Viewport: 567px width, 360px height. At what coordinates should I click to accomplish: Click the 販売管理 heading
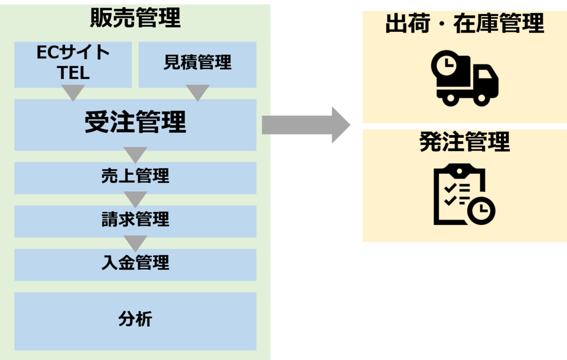point(135,19)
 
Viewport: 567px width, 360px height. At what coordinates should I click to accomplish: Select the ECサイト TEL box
point(73,63)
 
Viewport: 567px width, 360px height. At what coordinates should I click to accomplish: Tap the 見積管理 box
point(197,63)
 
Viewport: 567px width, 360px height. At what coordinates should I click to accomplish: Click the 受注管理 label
point(135,123)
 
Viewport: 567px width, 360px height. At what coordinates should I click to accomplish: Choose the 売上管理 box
point(135,176)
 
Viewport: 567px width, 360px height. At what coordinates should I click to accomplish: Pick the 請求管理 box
point(135,220)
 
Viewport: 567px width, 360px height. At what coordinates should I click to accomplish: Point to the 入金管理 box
point(135,263)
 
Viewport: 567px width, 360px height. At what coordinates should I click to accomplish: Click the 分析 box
point(135,320)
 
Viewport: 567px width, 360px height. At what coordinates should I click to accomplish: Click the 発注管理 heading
point(464,142)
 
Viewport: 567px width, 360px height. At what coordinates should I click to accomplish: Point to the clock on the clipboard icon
point(481,210)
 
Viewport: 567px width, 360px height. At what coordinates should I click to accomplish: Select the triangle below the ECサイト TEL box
point(73,92)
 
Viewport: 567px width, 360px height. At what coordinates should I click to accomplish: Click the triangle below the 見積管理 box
point(198,92)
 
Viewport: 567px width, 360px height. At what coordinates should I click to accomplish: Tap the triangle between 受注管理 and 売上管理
point(135,155)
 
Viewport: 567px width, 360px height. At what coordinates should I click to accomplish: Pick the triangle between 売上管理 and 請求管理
point(135,199)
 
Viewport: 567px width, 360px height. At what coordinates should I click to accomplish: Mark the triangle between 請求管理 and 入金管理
point(135,243)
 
